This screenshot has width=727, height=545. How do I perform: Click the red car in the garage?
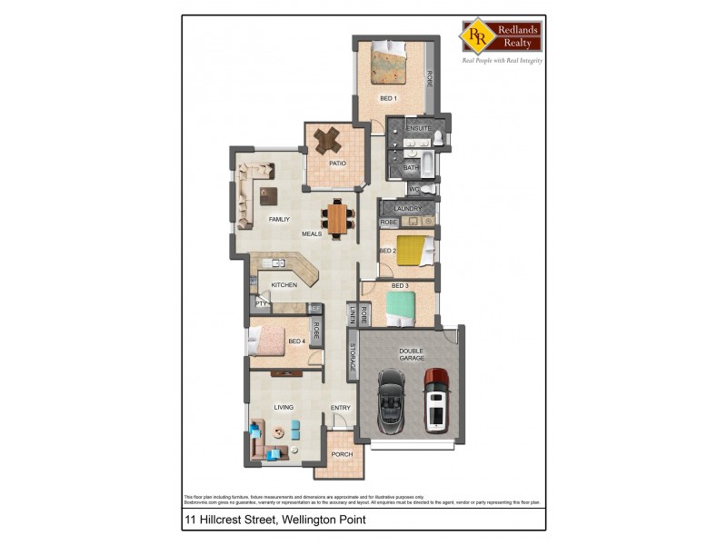[x=437, y=398]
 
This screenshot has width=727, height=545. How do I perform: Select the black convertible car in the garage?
[x=391, y=399]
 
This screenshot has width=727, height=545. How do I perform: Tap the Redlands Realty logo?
[x=502, y=35]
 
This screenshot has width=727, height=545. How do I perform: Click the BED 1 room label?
[x=389, y=98]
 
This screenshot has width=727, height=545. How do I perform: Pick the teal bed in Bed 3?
[x=401, y=307]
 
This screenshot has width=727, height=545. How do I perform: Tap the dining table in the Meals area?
[x=338, y=217]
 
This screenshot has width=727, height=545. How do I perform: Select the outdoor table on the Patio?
[x=327, y=140]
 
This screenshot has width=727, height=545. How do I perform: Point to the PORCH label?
[x=341, y=453]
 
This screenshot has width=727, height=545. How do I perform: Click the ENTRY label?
[x=341, y=408]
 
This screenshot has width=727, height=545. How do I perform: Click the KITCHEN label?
[x=284, y=285]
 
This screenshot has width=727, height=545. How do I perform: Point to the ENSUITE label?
[x=418, y=129]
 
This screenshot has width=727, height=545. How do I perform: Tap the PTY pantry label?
[x=261, y=303]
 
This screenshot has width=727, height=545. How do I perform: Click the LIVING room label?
[x=284, y=408]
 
